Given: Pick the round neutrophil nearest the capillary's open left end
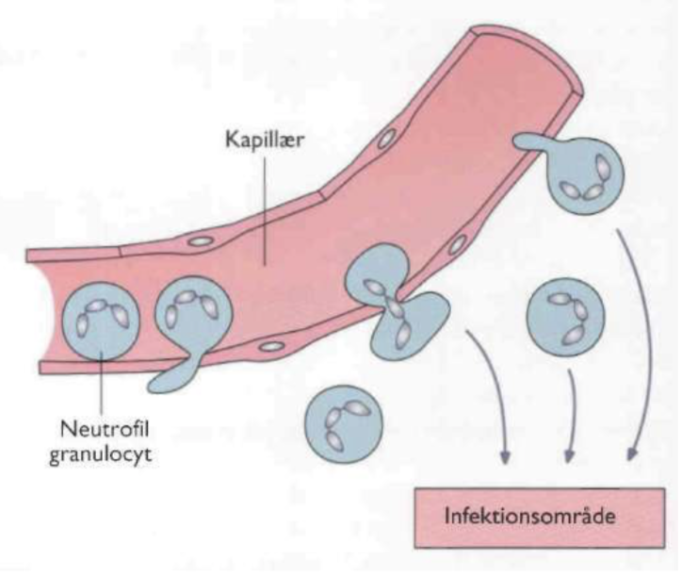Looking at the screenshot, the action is [x=98, y=318].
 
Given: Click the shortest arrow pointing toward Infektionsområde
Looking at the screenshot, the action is [x=571, y=415].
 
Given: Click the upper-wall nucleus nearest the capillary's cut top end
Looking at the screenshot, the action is [x=385, y=140].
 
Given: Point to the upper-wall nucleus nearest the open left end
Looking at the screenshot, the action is [x=199, y=241].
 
